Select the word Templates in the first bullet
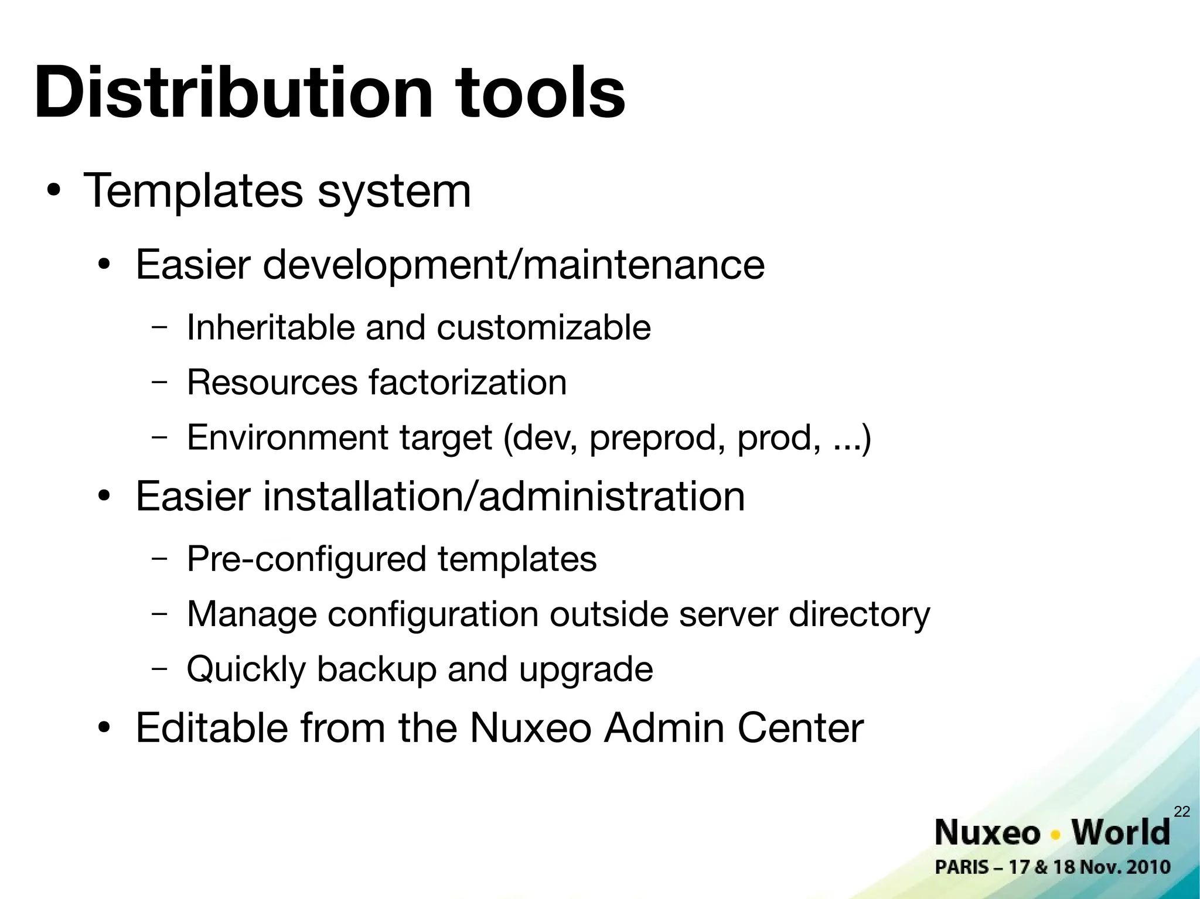pyautogui.click(x=194, y=191)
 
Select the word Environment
pyautogui.click(x=287, y=437)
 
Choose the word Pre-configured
pyautogui.click(x=306, y=559)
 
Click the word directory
pyautogui.click(x=860, y=615)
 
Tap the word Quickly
pyautogui.click(x=246, y=669)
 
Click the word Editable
pyautogui.click(x=212, y=728)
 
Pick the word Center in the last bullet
pyautogui.click(x=800, y=728)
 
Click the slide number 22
pyautogui.click(x=1182, y=811)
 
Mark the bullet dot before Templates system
pyautogui.click(x=54, y=192)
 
